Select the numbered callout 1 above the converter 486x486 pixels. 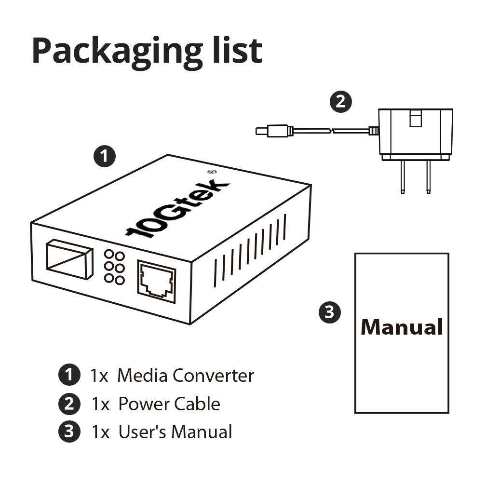(x=105, y=157)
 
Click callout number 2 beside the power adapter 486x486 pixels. (x=340, y=101)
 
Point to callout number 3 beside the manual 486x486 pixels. (x=330, y=312)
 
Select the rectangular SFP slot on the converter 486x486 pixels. (x=69, y=260)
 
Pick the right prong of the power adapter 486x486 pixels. (x=427, y=178)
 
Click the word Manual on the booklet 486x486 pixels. (x=402, y=326)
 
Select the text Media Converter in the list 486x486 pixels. (x=186, y=375)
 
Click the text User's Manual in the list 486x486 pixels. (x=175, y=432)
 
